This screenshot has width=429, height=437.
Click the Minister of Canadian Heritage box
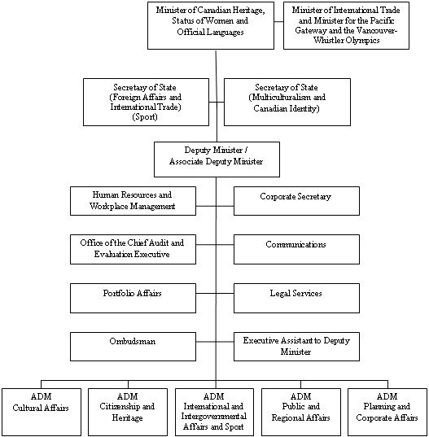tap(211, 26)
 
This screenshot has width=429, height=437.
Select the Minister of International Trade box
tap(346, 26)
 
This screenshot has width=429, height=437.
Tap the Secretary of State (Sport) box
tap(146, 102)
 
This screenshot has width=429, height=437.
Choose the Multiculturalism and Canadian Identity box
tap(287, 102)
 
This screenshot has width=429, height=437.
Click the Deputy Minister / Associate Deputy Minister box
tap(217, 160)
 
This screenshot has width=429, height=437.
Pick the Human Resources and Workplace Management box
tap(133, 201)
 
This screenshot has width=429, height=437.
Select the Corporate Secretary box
tap(296, 201)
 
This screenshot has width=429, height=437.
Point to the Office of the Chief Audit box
tap(133, 250)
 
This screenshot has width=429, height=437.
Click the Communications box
tap(296, 250)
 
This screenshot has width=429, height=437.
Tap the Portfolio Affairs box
tap(133, 298)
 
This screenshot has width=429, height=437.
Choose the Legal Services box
tap(296, 298)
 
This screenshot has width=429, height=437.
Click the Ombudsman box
tap(133, 347)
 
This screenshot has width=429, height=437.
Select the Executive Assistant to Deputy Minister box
tap(296, 347)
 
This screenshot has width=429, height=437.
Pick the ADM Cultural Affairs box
tap(42, 413)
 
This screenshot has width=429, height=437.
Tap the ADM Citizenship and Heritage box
tap(128, 413)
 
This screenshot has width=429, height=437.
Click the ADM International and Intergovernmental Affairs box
tap(214, 413)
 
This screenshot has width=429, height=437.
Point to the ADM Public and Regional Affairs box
tap(301, 413)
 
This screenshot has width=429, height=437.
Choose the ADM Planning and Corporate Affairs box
tap(387, 413)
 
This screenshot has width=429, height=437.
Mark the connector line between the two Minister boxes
tap(278, 21)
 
